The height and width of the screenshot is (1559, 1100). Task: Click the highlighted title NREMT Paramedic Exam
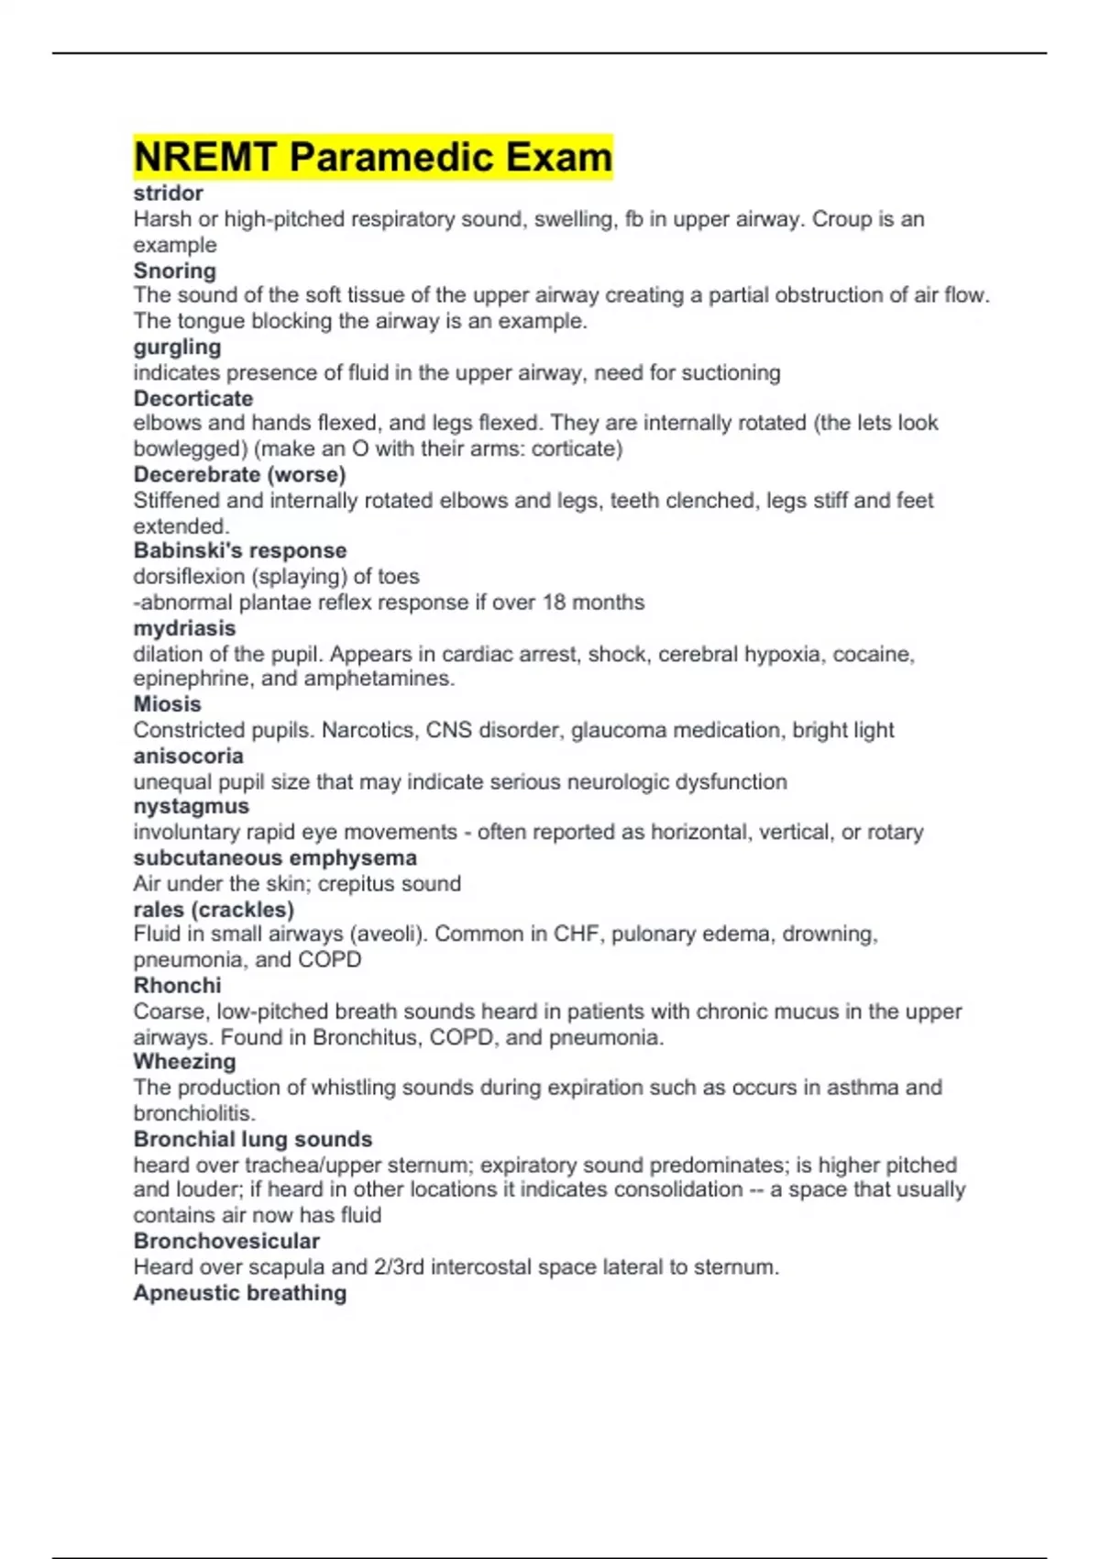click(372, 157)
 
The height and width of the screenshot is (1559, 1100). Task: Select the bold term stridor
click(168, 193)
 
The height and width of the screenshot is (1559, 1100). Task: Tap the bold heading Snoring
click(174, 271)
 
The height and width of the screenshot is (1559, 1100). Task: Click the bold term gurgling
click(177, 348)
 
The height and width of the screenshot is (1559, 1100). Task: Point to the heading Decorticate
click(192, 399)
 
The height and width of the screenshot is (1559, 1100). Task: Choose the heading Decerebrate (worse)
click(239, 475)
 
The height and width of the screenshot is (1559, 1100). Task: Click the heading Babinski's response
click(239, 551)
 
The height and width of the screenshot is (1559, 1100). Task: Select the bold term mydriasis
click(184, 628)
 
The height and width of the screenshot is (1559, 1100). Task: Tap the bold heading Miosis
click(167, 704)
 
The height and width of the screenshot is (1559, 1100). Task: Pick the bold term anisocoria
click(188, 757)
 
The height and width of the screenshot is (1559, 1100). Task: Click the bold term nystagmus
click(191, 807)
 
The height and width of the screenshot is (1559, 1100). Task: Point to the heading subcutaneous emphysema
click(274, 858)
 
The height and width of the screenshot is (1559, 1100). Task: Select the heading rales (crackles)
click(214, 910)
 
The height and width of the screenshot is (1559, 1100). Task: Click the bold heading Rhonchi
click(177, 986)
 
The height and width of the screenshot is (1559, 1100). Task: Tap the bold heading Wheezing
click(184, 1062)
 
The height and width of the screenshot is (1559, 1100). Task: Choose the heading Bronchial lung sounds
click(252, 1140)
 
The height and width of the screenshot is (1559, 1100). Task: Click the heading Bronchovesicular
click(226, 1242)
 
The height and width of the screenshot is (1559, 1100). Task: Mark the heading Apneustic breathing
click(239, 1293)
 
